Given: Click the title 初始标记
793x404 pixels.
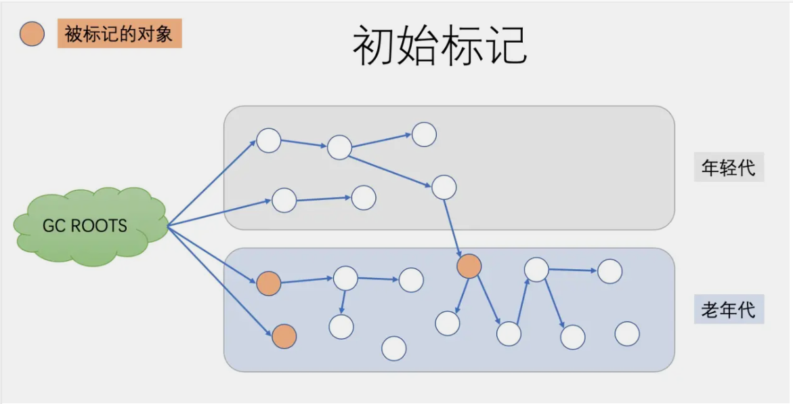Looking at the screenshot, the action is click(x=440, y=45).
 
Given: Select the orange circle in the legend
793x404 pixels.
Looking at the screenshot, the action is click(x=32, y=34).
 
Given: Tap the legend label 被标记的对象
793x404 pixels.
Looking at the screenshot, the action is click(x=119, y=34).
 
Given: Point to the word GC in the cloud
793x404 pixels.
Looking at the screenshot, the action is click(x=53, y=225).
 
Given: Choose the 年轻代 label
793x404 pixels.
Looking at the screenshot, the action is click(x=728, y=167).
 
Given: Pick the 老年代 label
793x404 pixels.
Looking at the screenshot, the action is click(x=728, y=309).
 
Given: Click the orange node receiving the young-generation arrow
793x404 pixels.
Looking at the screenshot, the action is click(x=469, y=266).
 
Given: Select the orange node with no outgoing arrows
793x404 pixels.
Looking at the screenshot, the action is click(x=284, y=337).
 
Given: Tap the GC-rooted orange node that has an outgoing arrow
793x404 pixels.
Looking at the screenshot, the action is click(x=269, y=283).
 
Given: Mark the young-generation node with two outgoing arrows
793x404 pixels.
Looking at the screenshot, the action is click(x=339, y=147).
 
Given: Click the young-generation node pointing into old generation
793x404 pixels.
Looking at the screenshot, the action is click(x=444, y=187).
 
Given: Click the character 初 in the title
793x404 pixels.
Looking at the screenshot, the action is click(x=373, y=45).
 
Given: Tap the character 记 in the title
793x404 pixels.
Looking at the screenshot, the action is click(x=507, y=45).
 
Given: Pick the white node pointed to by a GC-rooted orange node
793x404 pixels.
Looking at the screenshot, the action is click(x=346, y=279).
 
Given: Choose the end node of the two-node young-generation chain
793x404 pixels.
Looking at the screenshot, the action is click(x=364, y=197).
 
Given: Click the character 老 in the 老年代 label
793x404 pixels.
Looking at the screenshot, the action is click(x=710, y=309).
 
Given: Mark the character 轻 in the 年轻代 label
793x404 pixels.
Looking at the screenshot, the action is click(x=728, y=167).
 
